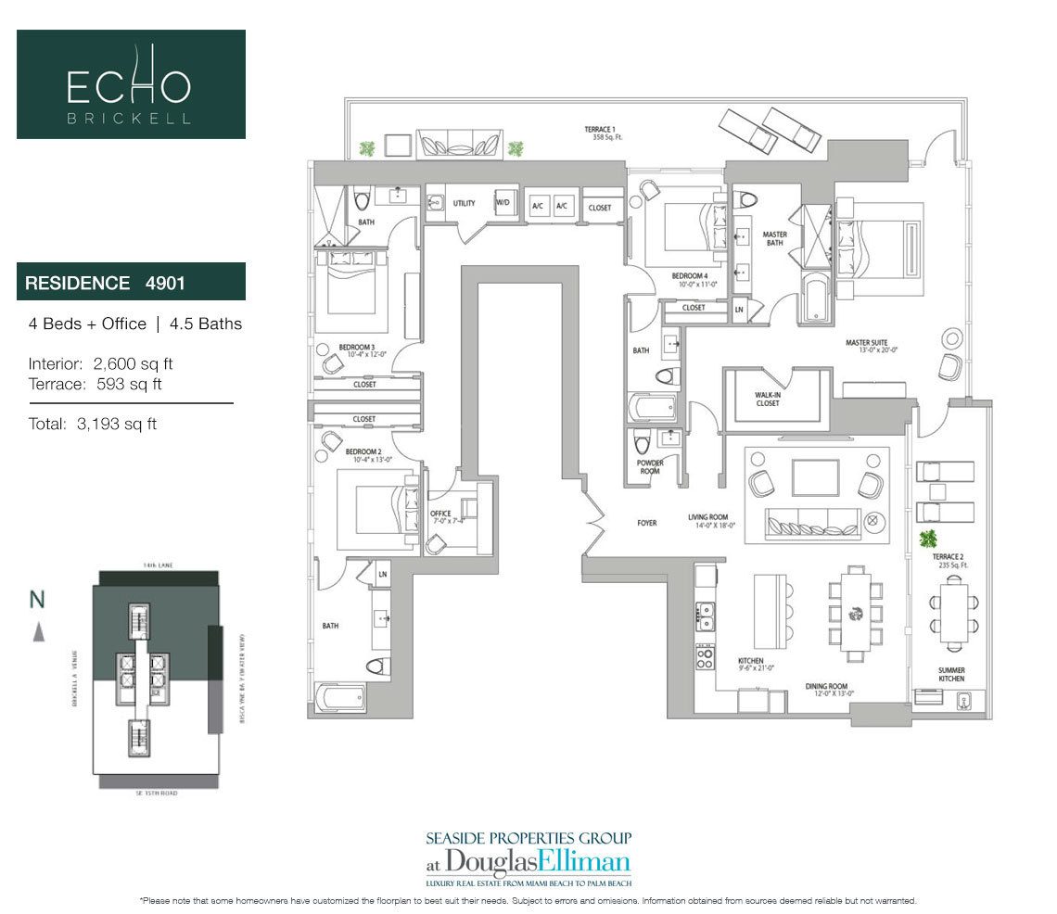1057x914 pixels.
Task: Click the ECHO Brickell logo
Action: click(x=131, y=84)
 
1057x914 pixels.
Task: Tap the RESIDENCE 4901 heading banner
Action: click(x=131, y=282)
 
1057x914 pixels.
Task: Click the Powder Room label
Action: click(x=649, y=466)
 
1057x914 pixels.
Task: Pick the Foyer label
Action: click(x=646, y=523)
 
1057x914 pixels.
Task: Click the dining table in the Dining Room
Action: click(x=854, y=611)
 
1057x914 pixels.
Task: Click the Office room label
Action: click(x=440, y=516)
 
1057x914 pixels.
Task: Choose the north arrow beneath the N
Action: click(x=37, y=632)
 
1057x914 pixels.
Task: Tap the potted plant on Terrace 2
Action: click(x=927, y=538)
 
